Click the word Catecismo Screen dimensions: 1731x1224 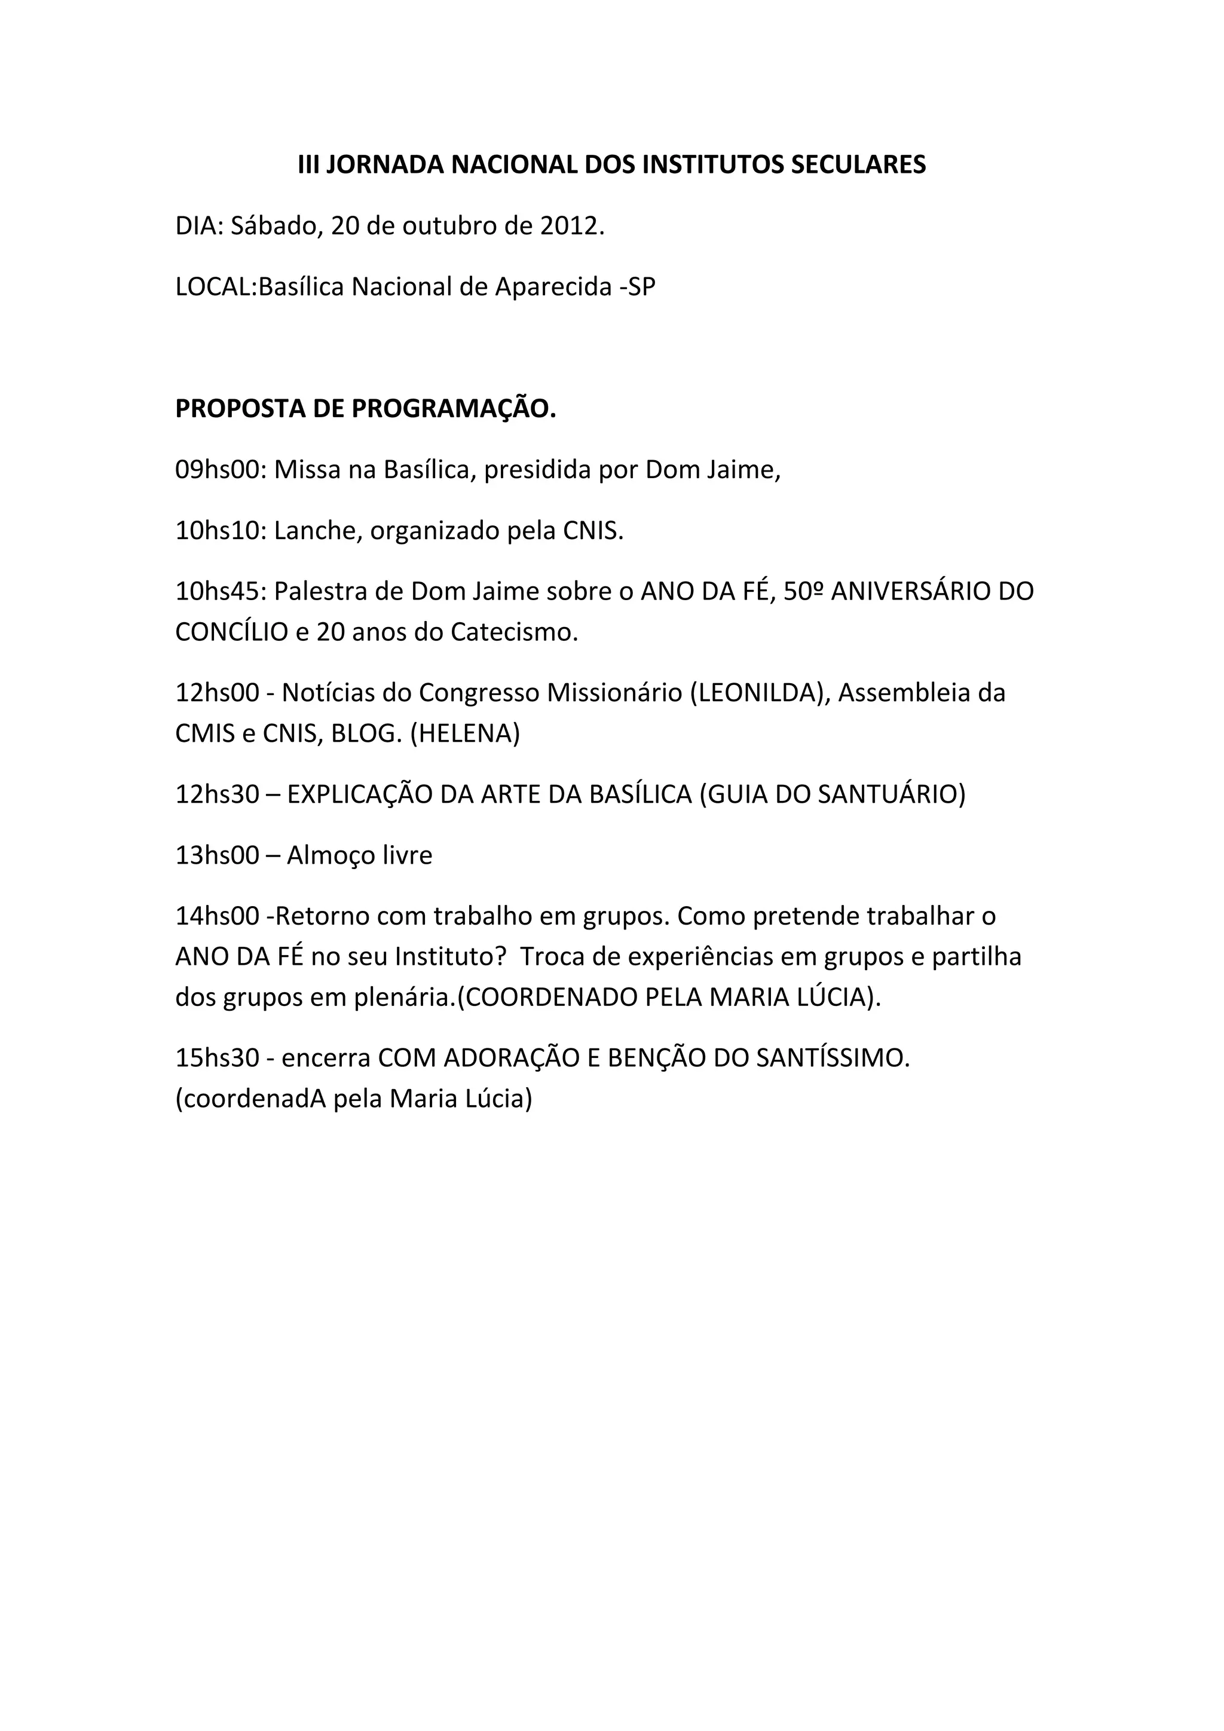513,632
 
